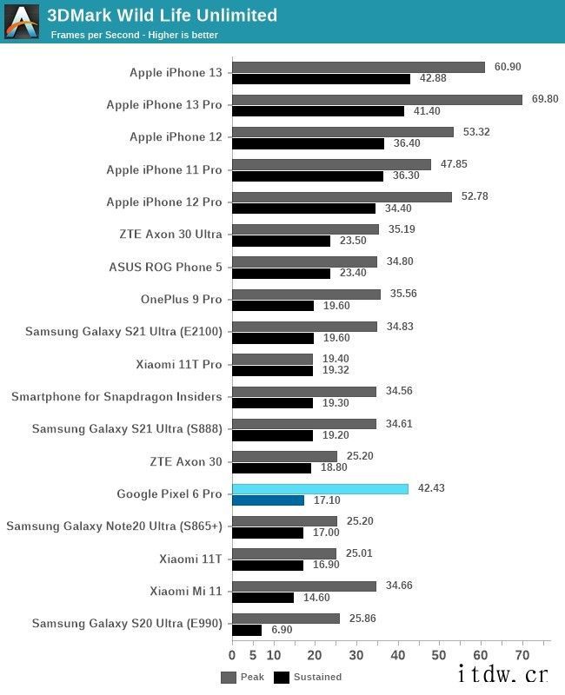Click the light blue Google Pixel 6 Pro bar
pyautogui.click(x=320, y=489)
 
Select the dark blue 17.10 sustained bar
pyautogui.click(x=268, y=500)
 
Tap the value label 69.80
pyautogui.click(x=544, y=99)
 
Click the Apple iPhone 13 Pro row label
pyautogui.click(x=164, y=105)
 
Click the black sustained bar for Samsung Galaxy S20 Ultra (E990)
pyautogui.click(x=247, y=630)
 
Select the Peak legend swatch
pyautogui.click(x=229, y=677)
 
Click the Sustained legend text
pyautogui.click(x=317, y=677)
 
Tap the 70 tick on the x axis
pyautogui.click(x=522, y=654)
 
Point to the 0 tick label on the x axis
pyautogui.click(x=232, y=654)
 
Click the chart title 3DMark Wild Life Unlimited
pyautogui.click(x=163, y=16)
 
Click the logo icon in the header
pyautogui.click(x=22, y=22)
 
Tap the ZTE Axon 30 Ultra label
pyautogui.click(x=170, y=235)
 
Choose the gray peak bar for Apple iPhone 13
pyautogui.click(x=358, y=67)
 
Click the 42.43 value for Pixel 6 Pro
pyautogui.click(x=431, y=488)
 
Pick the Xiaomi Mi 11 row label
pyautogui.click(x=185, y=592)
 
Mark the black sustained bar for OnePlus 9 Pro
pyautogui.click(x=273, y=306)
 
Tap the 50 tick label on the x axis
pyautogui.click(x=440, y=654)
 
